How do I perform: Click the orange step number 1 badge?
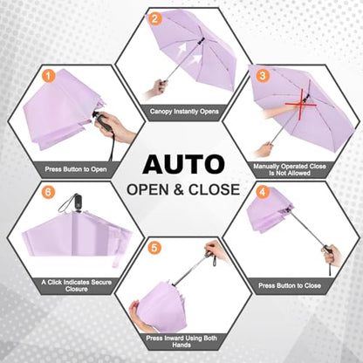coord(48,77)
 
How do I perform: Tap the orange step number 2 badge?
coord(154,18)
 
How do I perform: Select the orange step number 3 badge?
coord(263,75)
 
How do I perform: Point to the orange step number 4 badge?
coord(263,192)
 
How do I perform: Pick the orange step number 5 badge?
coord(154,248)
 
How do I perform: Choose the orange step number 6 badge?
coord(48,192)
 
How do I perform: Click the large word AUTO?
coord(183,164)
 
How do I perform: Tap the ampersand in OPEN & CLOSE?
coord(178,189)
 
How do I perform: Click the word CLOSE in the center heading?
coord(214,189)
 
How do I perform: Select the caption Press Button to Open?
coord(76,169)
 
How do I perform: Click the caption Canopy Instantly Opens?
coord(184,112)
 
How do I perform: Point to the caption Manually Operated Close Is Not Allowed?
coord(290,169)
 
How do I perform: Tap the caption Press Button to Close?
coord(290,285)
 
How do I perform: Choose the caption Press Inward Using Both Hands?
coord(181,341)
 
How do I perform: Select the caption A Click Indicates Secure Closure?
coord(77,285)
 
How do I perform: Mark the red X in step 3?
coord(301,104)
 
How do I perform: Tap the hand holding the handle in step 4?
coord(333,255)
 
